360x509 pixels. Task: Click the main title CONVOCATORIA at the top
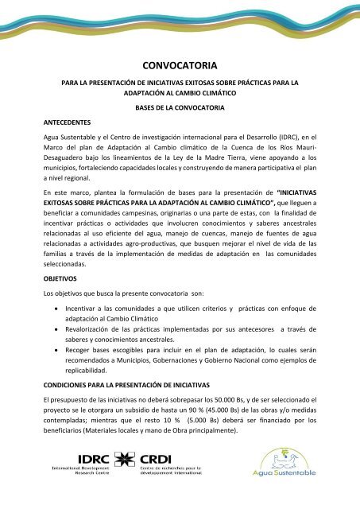pyautogui.click(x=180, y=68)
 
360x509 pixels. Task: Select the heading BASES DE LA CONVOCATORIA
pyautogui.click(x=180, y=107)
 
